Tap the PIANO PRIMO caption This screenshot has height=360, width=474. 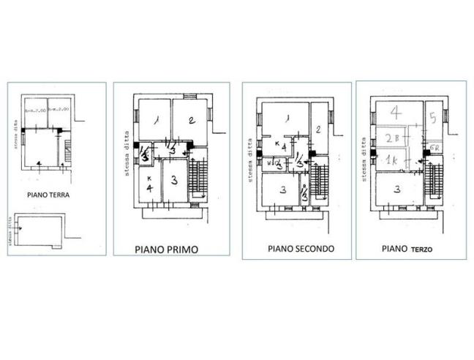pyautogui.click(x=166, y=249)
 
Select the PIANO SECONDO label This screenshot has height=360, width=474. pyautogui.click(x=301, y=249)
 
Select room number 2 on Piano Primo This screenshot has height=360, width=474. pyautogui.click(x=189, y=121)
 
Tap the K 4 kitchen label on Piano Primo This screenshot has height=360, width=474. pyautogui.click(x=148, y=186)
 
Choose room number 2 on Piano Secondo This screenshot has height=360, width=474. pyautogui.click(x=319, y=130)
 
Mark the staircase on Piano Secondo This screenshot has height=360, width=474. pyautogui.click(x=320, y=184)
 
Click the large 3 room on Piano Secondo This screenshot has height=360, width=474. pyautogui.click(x=283, y=191)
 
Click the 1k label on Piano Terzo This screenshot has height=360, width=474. pyautogui.click(x=391, y=160)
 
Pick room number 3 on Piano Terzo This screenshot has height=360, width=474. pyautogui.click(x=396, y=189)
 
